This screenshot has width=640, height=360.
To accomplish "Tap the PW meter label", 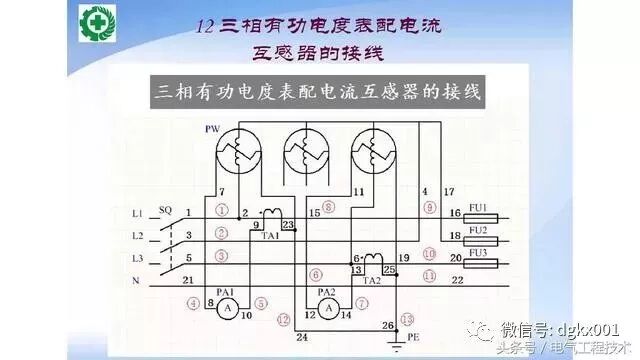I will pyautogui.click(x=211, y=130).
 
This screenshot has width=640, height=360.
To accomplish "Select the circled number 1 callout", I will pyautogui.click(x=221, y=210).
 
